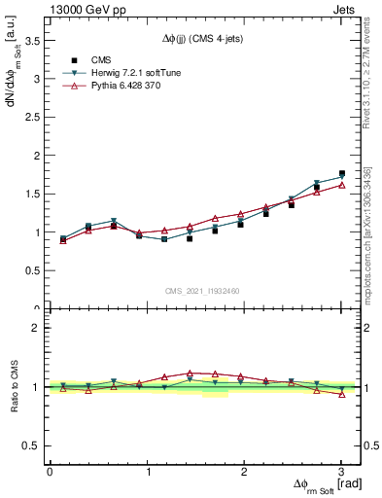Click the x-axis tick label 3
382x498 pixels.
pos(341,472)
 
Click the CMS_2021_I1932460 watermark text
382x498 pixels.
pos(201,291)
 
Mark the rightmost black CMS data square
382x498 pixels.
pos(341,174)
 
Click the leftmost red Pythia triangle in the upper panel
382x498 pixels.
pos(63,241)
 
